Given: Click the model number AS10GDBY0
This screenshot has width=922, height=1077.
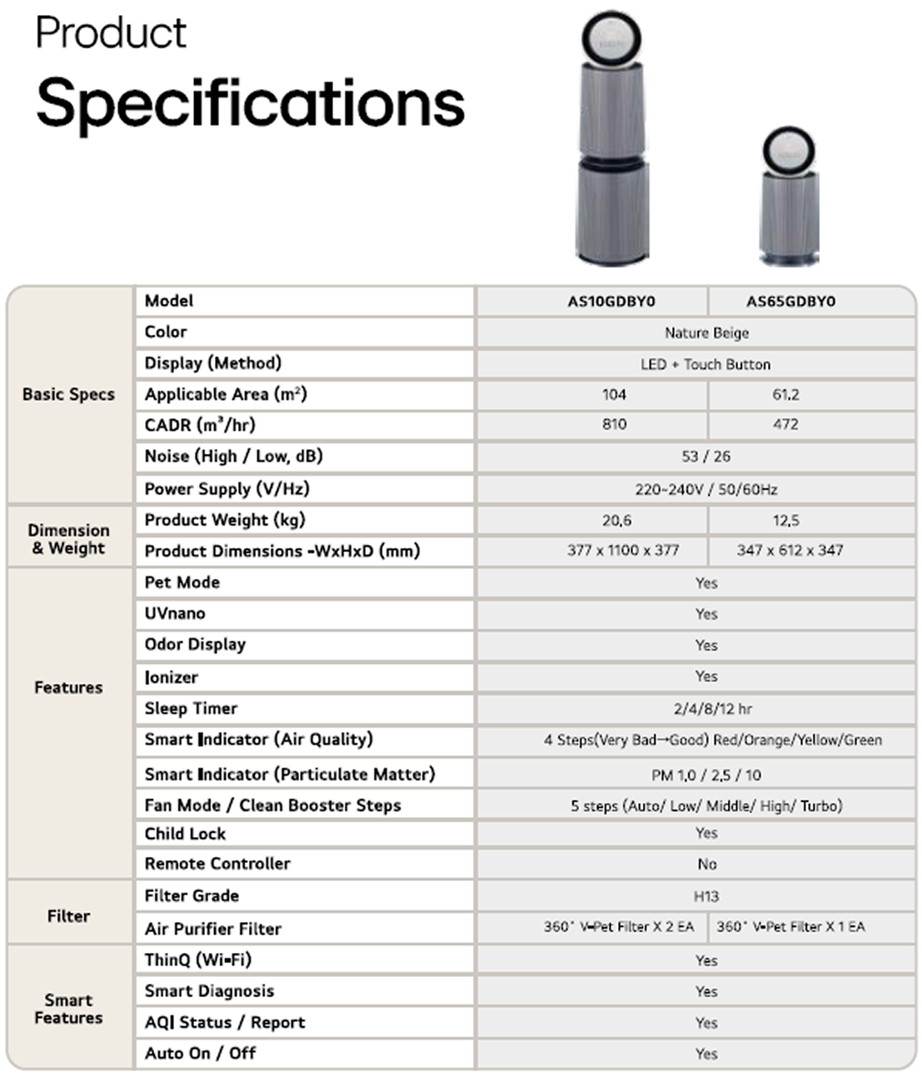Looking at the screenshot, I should click(611, 302).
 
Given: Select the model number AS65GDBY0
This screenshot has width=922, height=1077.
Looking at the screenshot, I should click(790, 302).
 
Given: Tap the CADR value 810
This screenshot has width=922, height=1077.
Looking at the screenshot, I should click(614, 424).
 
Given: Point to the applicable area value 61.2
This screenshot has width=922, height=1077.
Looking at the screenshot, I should click(785, 394).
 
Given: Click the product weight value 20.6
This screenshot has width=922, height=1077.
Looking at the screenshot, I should click(616, 521).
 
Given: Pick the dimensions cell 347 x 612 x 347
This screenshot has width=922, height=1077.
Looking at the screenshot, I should click(790, 551).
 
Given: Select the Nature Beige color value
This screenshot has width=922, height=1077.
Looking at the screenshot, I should click(706, 333).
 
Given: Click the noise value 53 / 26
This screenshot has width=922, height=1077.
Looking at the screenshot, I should click(705, 456).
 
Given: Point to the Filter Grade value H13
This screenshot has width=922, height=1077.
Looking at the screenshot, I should click(705, 896).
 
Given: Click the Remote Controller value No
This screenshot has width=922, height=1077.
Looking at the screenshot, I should click(706, 865).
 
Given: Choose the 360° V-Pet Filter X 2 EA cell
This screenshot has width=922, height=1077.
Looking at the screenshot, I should click(618, 927).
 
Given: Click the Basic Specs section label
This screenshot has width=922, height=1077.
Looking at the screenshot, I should click(68, 395).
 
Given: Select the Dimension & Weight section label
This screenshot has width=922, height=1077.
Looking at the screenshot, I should click(68, 539).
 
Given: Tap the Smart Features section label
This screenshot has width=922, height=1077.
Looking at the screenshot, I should click(68, 1008).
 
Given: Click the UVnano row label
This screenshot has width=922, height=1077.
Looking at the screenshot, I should click(175, 614).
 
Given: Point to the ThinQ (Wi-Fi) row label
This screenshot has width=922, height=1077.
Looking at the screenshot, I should click(197, 960).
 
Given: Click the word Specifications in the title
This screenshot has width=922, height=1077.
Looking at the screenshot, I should click(250, 103).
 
